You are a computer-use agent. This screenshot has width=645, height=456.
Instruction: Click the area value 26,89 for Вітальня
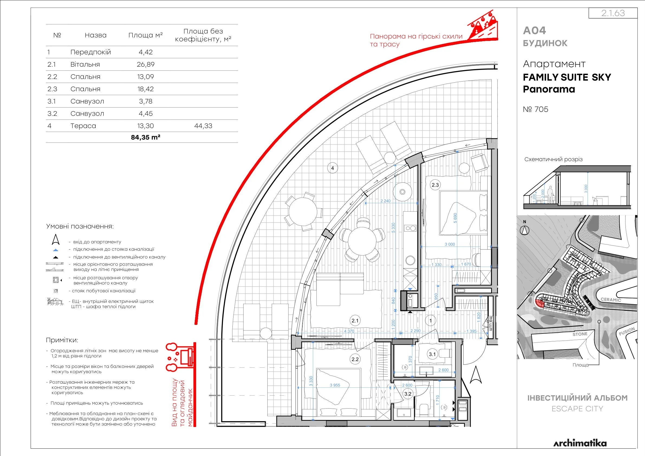(145, 64)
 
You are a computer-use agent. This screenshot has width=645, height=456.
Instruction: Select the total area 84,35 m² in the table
(145, 137)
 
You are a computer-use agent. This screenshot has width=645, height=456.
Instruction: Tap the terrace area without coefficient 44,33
(203, 126)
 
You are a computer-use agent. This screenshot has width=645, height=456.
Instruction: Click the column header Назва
(96, 35)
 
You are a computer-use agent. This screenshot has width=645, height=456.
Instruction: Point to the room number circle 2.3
(435, 185)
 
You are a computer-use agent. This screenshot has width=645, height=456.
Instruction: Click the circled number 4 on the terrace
(333, 168)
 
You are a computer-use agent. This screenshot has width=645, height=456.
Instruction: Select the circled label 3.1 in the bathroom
(432, 354)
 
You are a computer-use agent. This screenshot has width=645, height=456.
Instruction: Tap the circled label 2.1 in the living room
(355, 321)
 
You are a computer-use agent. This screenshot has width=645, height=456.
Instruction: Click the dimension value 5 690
(455, 218)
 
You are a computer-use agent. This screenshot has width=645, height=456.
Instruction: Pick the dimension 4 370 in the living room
(349, 331)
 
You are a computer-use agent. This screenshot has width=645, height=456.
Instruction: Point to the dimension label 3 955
(335, 385)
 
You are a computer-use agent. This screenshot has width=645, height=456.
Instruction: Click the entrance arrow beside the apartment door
(476, 375)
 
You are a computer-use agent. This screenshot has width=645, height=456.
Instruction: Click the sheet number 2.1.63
(613, 13)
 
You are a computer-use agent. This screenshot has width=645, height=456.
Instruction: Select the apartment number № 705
(536, 109)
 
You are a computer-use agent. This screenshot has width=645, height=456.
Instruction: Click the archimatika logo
(580, 443)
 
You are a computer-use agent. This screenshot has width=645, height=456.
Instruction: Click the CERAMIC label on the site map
(611, 300)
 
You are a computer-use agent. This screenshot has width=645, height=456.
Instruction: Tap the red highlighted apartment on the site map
(539, 303)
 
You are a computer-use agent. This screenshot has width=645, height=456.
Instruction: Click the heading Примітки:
(62, 340)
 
